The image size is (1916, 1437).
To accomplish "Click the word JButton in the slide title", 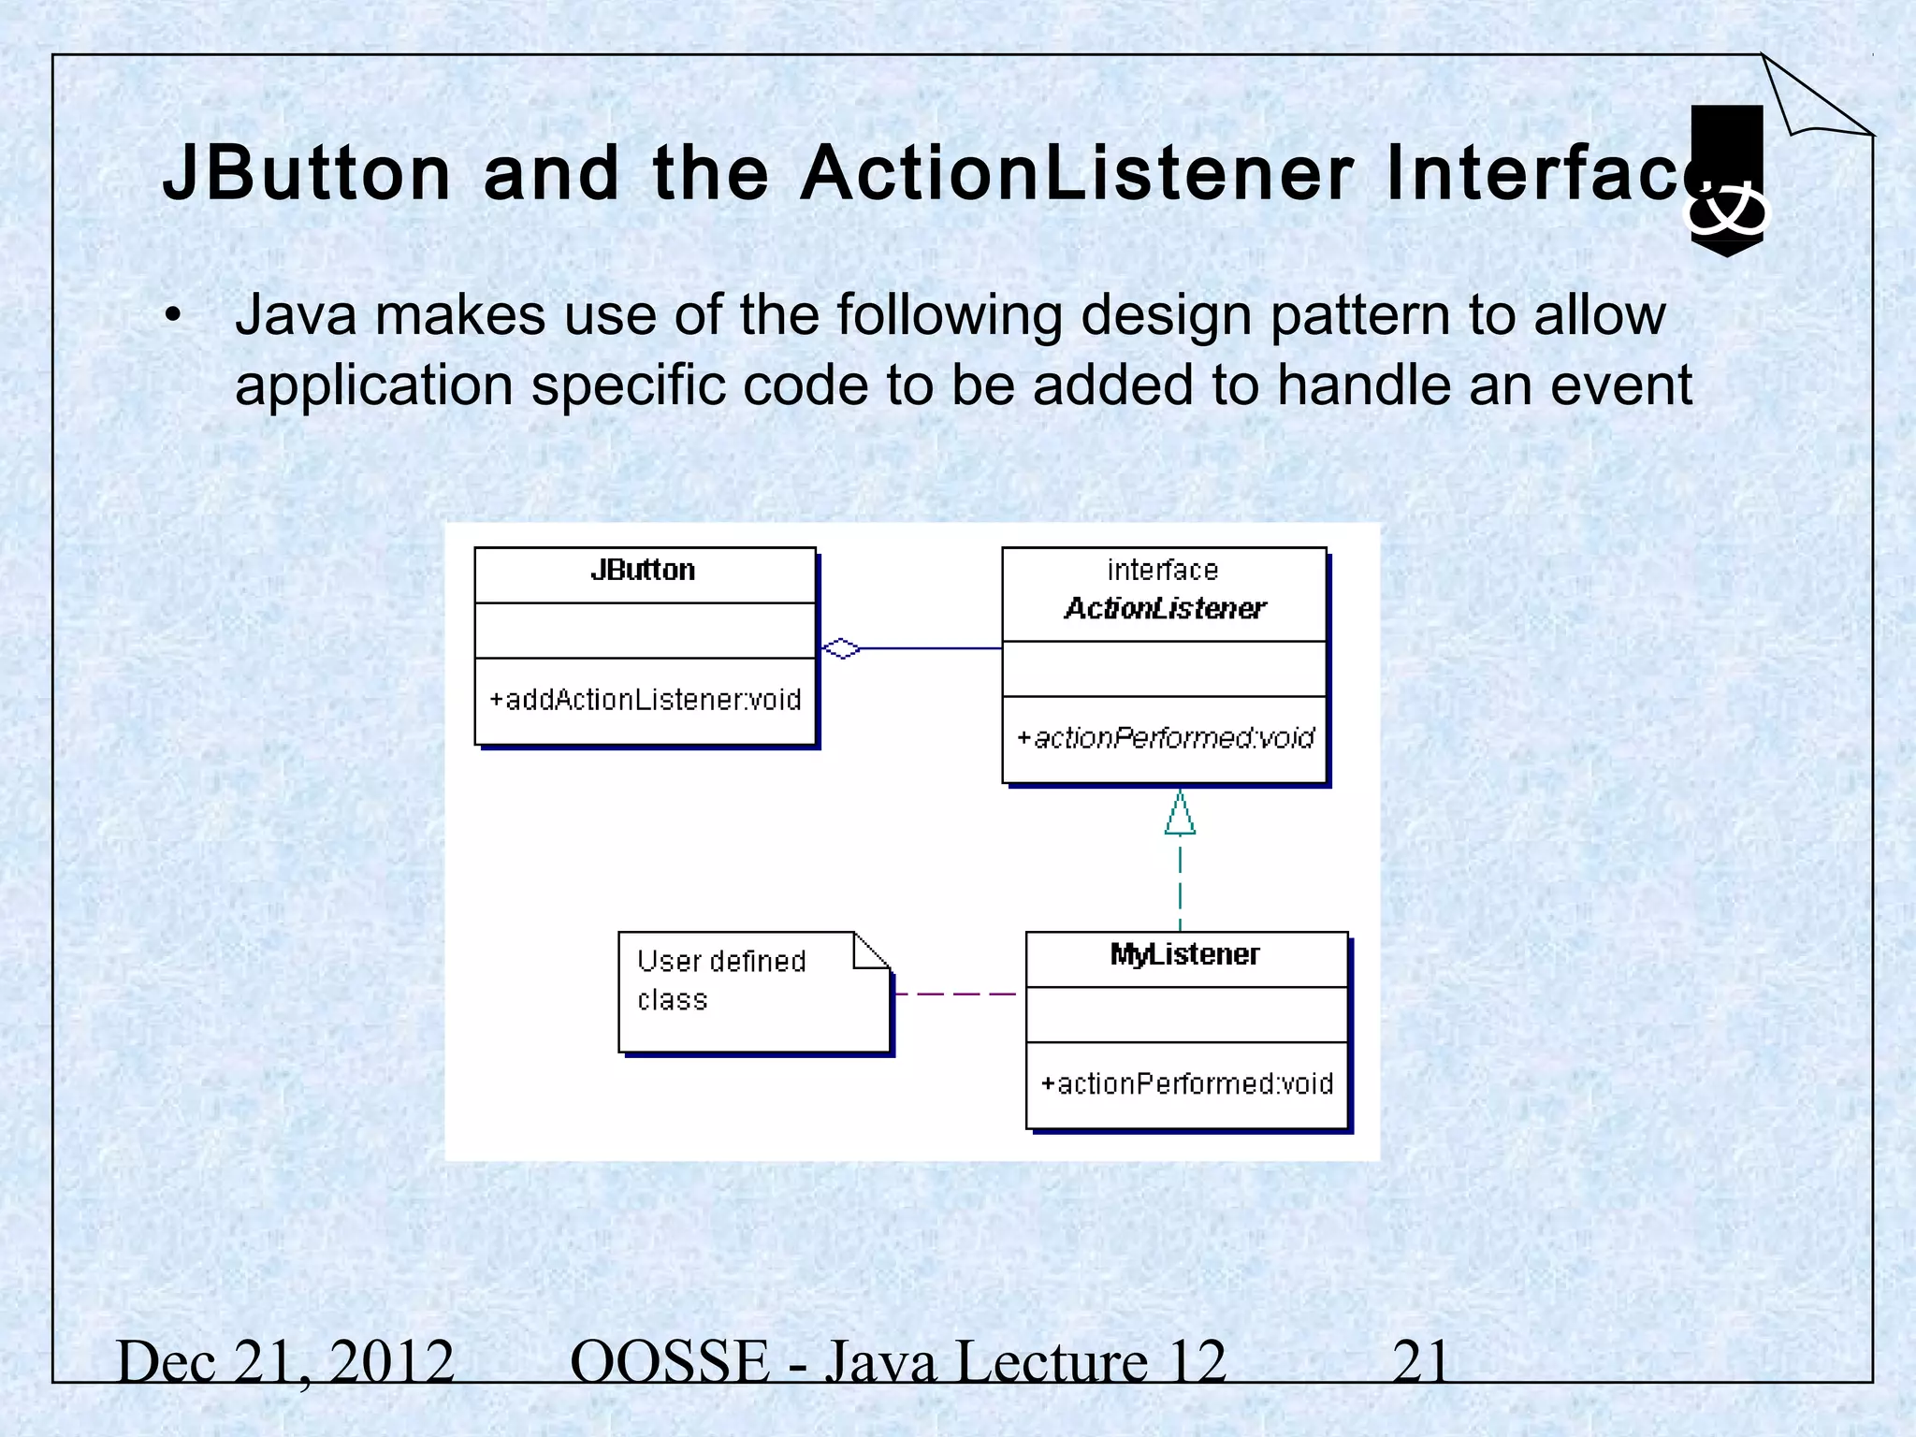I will click(x=307, y=174).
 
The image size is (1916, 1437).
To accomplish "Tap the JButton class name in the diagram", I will click(x=643, y=570).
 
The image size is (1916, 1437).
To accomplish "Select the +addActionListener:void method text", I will click(x=645, y=700).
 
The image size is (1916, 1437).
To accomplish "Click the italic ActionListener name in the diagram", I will click(x=1165, y=609).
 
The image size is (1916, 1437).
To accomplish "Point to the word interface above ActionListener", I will click(x=1162, y=570).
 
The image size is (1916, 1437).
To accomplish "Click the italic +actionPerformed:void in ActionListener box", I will click(x=1165, y=738).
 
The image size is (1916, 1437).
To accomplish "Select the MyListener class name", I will click(x=1184, y=954).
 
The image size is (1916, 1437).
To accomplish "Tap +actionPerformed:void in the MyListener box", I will click(x=1186, y=1083).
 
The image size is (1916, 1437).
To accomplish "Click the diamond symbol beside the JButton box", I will click(x=840, y=647).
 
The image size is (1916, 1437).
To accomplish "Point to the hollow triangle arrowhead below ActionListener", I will click(x=1180, y=814).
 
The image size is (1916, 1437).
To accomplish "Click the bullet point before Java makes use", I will click(x=172, y=316).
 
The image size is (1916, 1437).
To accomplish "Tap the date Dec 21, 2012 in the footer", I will click(x=285, y=1361).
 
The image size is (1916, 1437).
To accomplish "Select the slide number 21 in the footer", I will click(x=1420, y=1361).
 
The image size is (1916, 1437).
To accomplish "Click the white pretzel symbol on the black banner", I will click(x=1726, y=211).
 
